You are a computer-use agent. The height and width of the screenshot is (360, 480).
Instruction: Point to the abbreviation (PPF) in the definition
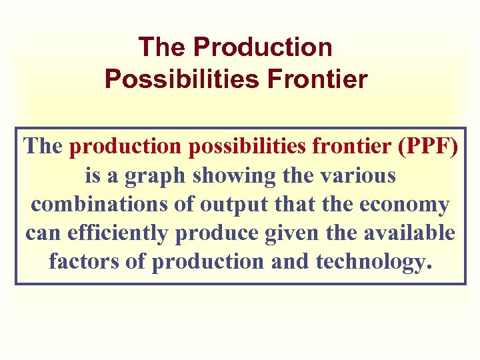pos(427,147)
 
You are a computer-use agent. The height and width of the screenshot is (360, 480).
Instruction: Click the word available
pos(417,233)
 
